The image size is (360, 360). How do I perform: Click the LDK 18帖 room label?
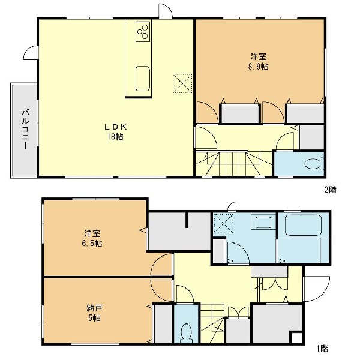click(115, 132)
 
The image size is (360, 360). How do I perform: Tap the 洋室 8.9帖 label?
click(259, 61)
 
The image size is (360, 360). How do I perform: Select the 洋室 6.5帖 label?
click(92, 239)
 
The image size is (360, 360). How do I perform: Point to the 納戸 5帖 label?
click(95, 313)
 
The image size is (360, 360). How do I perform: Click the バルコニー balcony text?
click(25, 130)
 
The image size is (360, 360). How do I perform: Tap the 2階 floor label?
click(331, 190)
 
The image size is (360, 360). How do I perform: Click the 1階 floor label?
click(323, 349)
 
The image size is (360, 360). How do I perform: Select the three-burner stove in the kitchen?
click(143, 32)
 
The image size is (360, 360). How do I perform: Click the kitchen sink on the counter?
click(143, 79)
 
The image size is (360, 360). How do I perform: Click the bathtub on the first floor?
click(303, 225)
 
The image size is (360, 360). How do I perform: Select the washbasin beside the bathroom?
click(263, 221)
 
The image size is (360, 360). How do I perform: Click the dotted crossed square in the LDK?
click(182, 83)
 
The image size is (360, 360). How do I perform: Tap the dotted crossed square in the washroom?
click(223, 223)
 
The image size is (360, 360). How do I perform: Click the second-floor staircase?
click(234, 163)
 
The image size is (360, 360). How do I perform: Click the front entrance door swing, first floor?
click(317, 289)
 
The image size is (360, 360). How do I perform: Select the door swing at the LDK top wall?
click(166, 11)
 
